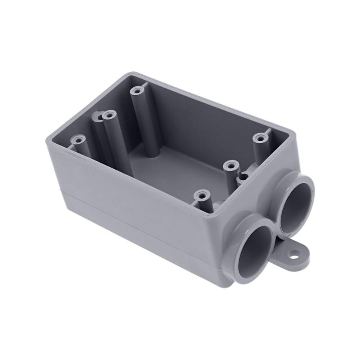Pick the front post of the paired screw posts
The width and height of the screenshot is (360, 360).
[108, 116]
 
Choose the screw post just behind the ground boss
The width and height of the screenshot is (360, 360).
[231, 164]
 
